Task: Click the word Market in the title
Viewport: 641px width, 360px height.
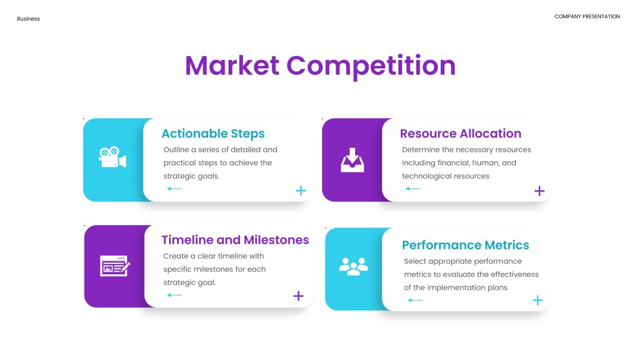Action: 232,65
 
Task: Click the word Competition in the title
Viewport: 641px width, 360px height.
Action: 371,66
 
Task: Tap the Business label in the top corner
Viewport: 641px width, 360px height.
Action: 28,19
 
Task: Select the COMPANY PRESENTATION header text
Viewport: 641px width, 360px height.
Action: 587,16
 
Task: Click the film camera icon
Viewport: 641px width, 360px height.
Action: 112,157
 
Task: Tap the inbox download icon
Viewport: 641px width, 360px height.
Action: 352,160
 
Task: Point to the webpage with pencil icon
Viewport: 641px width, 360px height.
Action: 115,266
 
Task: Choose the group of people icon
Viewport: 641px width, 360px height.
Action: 354,266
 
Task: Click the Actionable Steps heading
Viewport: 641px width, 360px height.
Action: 213,134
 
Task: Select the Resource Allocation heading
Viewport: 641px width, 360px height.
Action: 461,133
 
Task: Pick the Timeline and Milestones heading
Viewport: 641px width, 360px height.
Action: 235,239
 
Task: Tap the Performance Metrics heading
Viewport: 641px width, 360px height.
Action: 465,245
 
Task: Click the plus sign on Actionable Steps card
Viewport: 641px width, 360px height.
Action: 301,190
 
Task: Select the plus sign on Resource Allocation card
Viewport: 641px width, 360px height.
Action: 540,191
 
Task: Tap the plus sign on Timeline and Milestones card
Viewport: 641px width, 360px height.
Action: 298,296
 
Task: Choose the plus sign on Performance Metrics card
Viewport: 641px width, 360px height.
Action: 538,301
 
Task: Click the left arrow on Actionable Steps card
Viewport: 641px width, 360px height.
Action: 174,189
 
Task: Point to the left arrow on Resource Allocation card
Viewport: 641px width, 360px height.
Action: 413,189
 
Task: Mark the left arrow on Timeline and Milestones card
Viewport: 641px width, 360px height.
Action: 174,295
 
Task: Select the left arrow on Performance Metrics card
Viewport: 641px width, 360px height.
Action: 415,301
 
